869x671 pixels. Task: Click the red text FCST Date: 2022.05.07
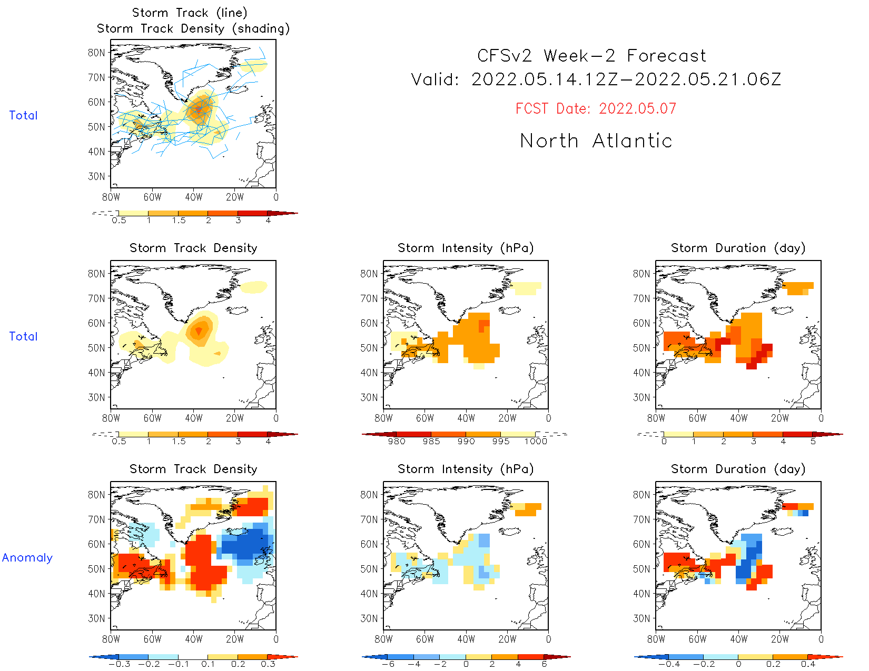(596, 109)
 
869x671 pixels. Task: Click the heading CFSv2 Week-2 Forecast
(591, 56)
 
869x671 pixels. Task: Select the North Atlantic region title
(596, 141)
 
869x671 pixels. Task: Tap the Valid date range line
(596, 80)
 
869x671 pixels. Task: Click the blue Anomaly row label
(27, 558)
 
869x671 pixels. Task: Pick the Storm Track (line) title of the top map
(190, 13)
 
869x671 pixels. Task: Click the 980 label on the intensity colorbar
(397, 442)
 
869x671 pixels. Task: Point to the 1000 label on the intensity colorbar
(536, 442)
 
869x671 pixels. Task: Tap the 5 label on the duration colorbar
(813, 442)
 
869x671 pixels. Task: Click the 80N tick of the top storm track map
(96, 53)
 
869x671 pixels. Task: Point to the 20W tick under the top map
(235, 197)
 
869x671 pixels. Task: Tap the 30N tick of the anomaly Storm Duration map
(641, 618)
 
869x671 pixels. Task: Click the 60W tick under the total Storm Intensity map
(425, 418)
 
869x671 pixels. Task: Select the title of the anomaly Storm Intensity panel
(466, 469)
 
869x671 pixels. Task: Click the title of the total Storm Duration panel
(738, 248)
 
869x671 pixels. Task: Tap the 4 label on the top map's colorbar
(268, 221)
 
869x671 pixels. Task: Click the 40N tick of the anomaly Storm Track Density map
(96, 594)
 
